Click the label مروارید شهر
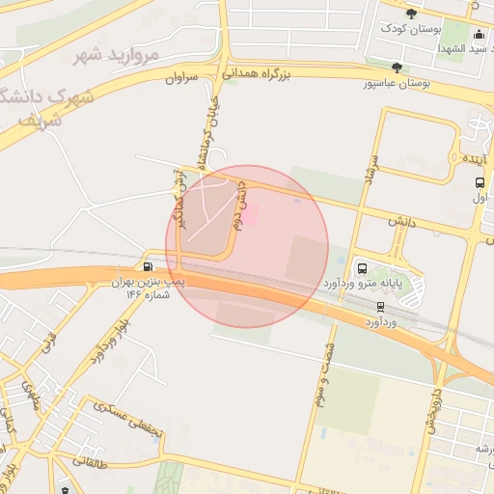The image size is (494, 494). pos(118,56)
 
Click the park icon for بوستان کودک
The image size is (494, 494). pos(413,14)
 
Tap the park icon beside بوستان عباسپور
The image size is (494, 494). pos(397,68)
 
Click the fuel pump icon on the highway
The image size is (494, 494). pos(148,266)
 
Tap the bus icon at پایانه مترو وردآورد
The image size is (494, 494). pos(362,268)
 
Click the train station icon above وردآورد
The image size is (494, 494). pos(380,306)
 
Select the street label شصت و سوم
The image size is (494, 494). pos(331,372)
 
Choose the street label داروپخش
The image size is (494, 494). pos(433,411)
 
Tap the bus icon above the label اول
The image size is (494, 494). pos(480,182)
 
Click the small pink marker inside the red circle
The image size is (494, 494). pos(248,218)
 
